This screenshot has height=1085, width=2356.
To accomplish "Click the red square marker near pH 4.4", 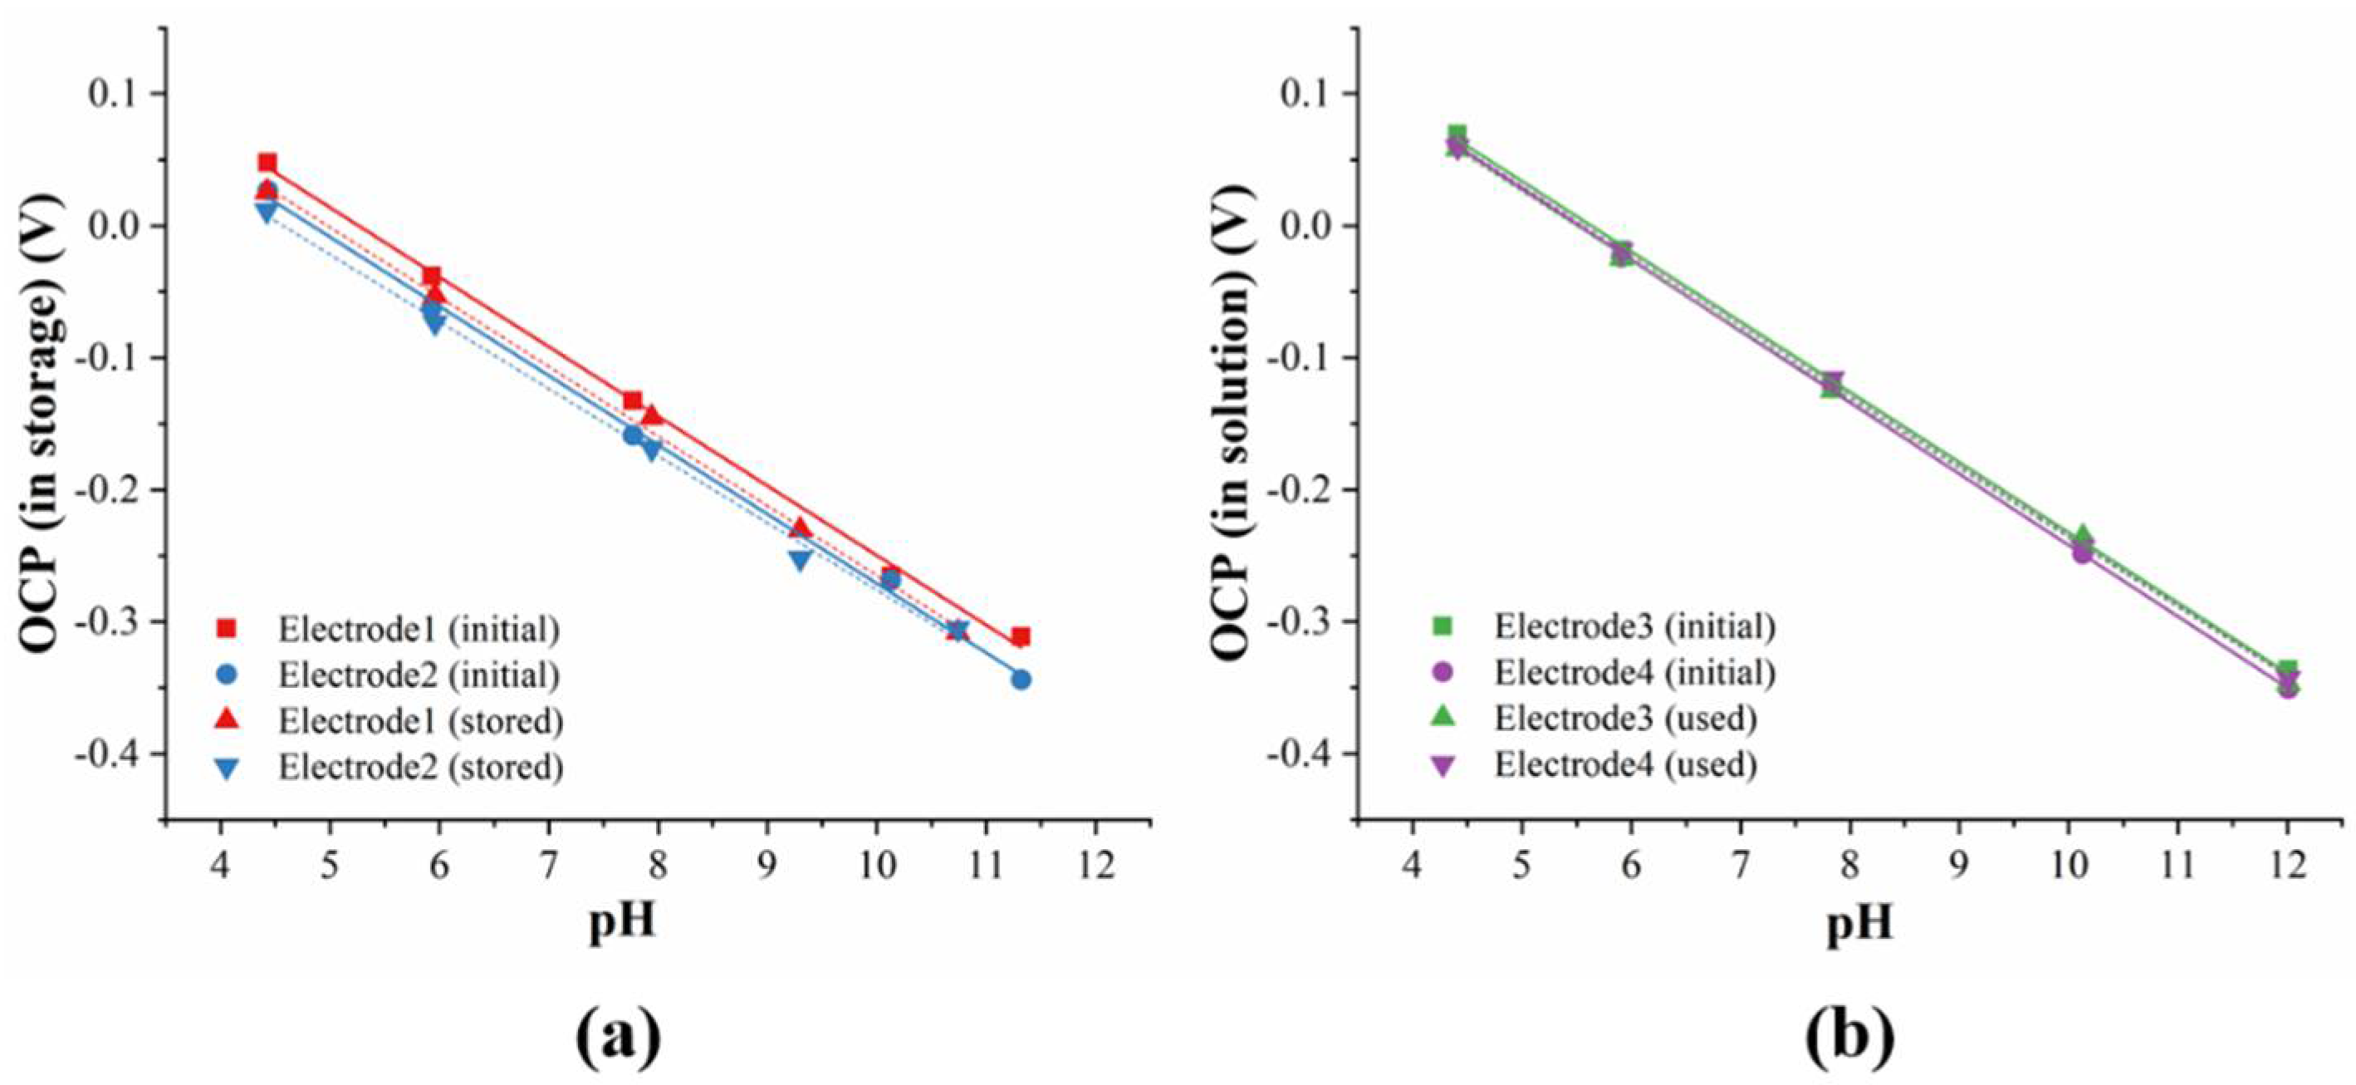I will [x=267, y=163].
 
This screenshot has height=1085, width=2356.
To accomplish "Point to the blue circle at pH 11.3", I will [x=1021, y=680].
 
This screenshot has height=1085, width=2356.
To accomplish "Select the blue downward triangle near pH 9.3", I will [x=801, y=560].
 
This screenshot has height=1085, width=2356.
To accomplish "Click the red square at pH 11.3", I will [x=1021, y=636].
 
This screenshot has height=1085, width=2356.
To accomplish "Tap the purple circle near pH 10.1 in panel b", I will [x=2083, y=552].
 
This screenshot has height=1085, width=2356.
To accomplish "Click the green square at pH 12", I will [x=2287, y=670].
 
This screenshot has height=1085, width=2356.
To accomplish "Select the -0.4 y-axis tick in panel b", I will [x=1300, y=754].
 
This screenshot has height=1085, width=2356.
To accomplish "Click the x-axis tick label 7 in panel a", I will [x=547, y=865].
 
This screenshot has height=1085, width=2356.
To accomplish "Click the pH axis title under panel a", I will [x=622, y=921].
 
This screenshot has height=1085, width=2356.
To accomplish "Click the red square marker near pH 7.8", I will [x=632, y=400].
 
